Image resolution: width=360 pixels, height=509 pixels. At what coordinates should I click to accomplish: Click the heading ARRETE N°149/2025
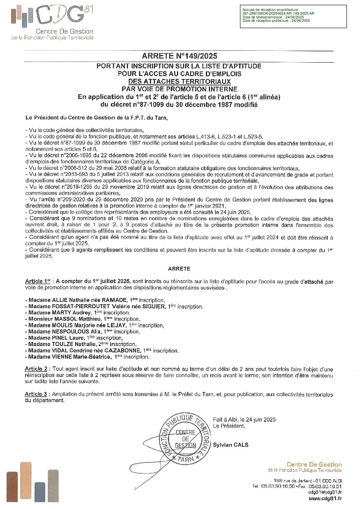[x=179, y=56]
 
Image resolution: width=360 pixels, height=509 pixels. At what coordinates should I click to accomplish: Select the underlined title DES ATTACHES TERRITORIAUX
[x=179, y=82]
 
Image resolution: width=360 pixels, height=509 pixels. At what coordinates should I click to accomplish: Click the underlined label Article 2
[x=36, y=369]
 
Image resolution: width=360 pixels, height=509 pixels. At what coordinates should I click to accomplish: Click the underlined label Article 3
[x=36, y=394]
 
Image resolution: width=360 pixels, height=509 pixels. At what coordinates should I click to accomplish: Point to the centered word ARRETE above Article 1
[x=179, y=269]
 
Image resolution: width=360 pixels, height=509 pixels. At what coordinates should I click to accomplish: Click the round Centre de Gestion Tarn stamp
[x=185, y=439]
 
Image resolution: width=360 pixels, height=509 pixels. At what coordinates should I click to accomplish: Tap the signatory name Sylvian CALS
[x=230, y=445]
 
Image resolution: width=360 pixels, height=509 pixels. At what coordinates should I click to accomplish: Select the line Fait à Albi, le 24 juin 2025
[x=244, y=420]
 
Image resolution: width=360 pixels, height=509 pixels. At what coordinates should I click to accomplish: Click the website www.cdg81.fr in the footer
[x=325, y=498]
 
